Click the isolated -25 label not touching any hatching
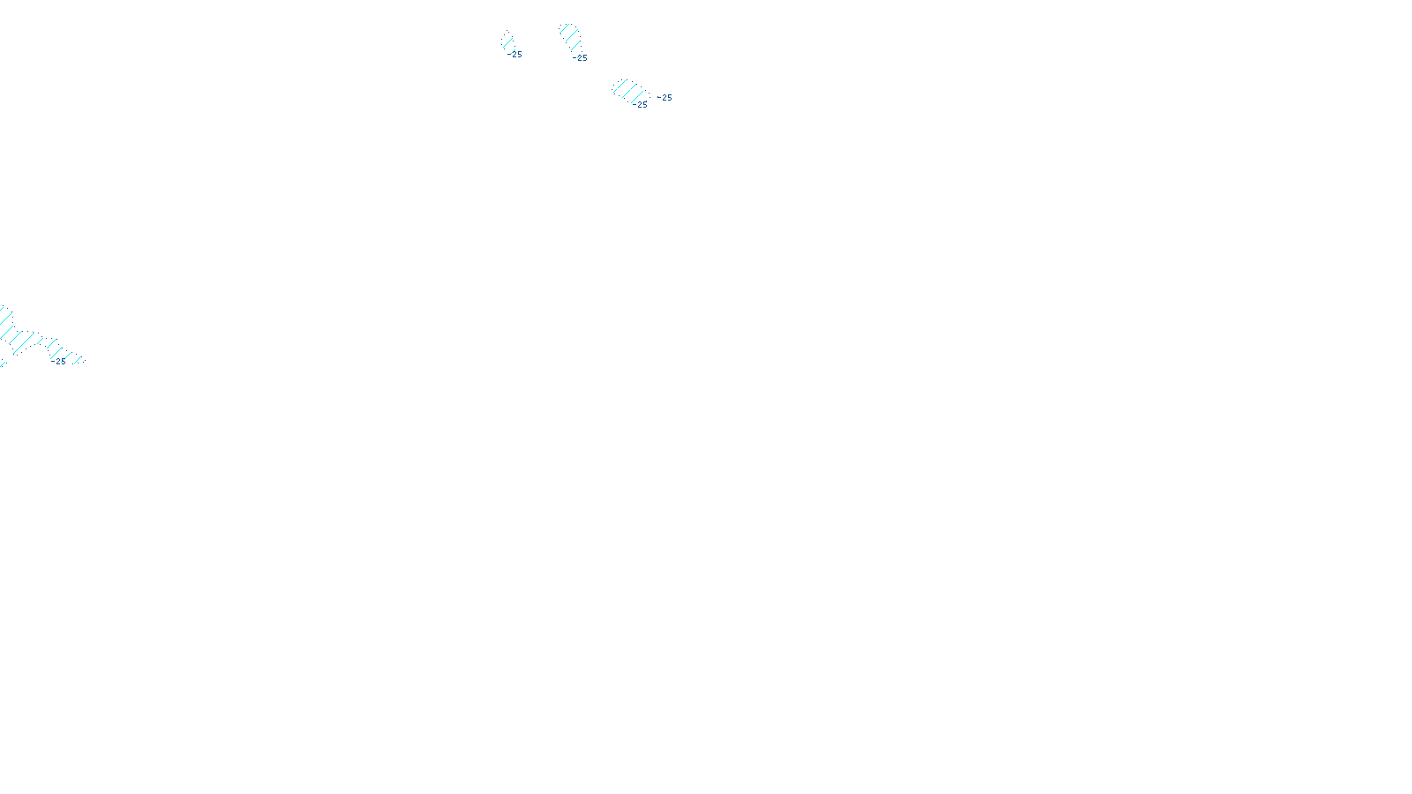click(x=665, y=98)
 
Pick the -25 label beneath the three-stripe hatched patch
click(x=580, y=58)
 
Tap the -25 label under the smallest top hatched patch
click(x=516, y=55)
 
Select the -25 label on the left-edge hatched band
click(x=59, y=361)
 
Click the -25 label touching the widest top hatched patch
click(x=641, y=104)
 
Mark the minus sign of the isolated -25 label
click(x=659, y=97)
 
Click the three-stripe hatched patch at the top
click(x=570, y=36)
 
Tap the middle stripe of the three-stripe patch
click(x=571, y=36)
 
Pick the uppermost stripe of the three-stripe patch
click(x=565, y=29)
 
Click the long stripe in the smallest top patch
click(x=508, y=41)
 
